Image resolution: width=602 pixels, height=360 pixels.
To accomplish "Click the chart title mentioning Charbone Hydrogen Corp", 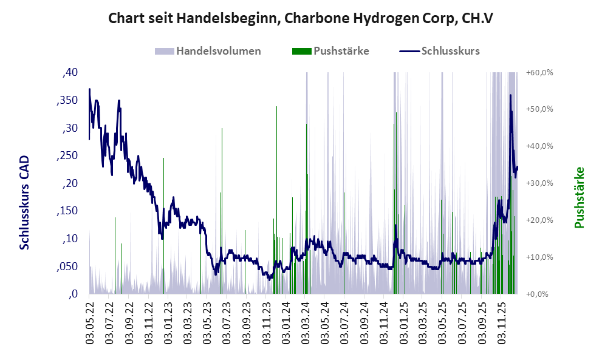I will tap(300, 18).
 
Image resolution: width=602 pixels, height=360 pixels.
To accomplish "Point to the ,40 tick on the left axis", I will tap(70, 72).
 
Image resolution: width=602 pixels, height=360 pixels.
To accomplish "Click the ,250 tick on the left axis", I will tap(67, 155).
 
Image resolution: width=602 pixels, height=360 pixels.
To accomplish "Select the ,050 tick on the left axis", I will tap(67, 267).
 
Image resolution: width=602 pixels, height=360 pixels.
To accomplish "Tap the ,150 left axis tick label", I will tap(67, 211).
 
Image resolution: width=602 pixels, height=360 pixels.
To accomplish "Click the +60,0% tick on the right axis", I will tap(539, 72).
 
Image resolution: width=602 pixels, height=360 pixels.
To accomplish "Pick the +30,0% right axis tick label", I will tap(539, 183).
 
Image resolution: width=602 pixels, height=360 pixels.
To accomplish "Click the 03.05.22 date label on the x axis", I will tap(90, 322).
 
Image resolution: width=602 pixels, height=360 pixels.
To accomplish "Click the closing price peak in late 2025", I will tap(510, 95).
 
